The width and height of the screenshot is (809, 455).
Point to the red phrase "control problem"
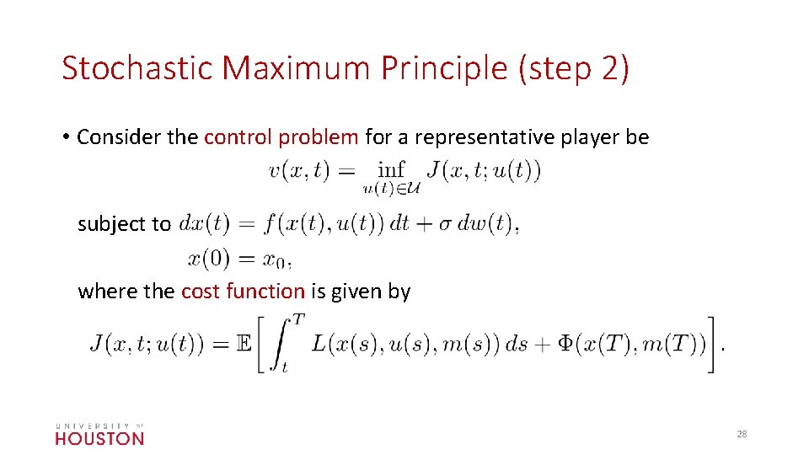[281, 137]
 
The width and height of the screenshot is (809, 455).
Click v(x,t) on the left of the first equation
[298, 171]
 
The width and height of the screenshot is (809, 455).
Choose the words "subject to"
[124, 224]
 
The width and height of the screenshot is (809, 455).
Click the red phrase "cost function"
[243, 292]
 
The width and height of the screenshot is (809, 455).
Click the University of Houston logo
[99, 433]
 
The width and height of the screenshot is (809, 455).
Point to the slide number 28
[742, 434]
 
